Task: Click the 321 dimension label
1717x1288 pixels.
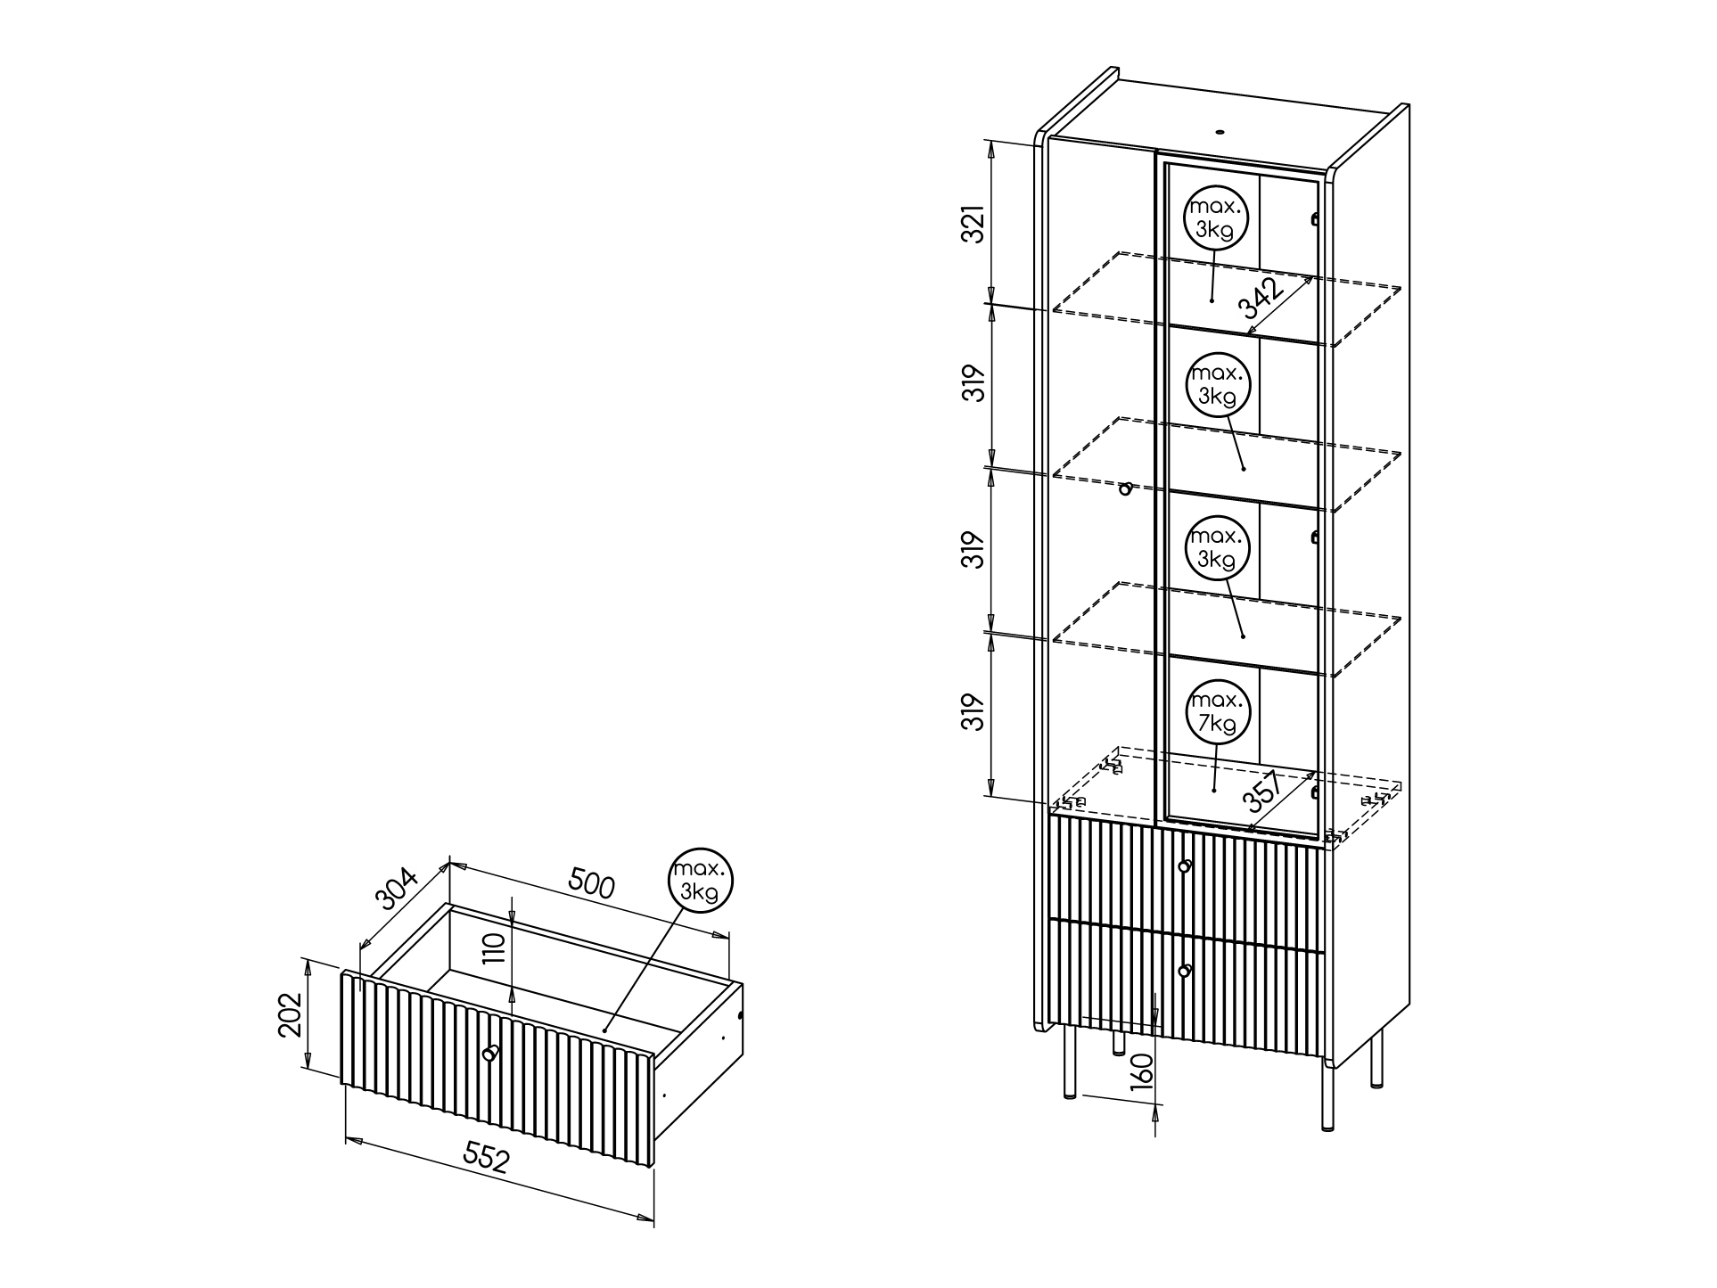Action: (x=976, y=224)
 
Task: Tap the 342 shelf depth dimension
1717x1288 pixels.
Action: (x=1261, y=299)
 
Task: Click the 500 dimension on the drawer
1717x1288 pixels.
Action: (x=591, y=885)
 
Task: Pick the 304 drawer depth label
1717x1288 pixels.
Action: (x=397, y=889)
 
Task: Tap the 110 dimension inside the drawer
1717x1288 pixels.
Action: (x=497, y=948)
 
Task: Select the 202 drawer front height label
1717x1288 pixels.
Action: (x=291, y=1014)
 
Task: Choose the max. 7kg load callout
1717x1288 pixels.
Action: (x=1218, y=711)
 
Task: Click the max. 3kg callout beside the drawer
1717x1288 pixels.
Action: (x=700, y=881)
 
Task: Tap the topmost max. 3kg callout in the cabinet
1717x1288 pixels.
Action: (x=1216, y=218)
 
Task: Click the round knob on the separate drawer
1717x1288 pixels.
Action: (x=489, y=1054)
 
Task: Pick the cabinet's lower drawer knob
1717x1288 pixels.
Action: (x=1185, y=971)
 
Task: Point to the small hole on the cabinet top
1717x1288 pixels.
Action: (x=1220, y=133)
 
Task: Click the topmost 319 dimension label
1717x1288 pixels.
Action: (x=976, y=383)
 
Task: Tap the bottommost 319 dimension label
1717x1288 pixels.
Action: (x=976, y=712)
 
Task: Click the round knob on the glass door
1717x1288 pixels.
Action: (x=1126, y=488)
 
